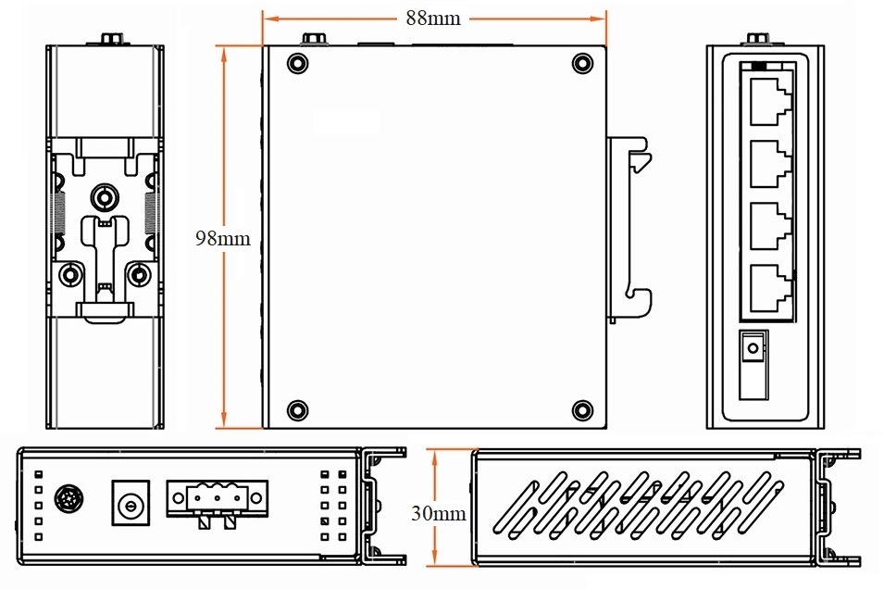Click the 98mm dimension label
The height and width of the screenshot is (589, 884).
222,238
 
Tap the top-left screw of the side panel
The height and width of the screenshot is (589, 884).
296,63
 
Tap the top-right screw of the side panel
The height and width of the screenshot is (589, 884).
580,63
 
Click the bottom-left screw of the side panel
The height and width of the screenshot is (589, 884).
296,409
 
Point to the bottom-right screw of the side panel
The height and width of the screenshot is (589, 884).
580,409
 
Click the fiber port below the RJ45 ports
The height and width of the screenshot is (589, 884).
753,351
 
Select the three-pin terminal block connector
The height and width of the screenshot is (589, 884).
218,499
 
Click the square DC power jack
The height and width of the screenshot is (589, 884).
131,503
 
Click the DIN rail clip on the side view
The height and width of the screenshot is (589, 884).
632,226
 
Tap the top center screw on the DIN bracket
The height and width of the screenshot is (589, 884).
104,196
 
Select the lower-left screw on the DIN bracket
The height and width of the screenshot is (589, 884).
69,274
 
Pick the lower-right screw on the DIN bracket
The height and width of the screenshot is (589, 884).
139,274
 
